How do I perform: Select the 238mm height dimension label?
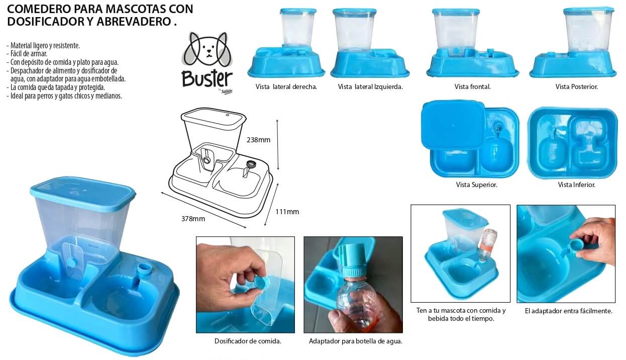(259, 140)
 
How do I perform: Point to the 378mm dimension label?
(193, 219)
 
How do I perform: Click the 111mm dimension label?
(287, 212)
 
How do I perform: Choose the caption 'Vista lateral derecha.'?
(286, 86)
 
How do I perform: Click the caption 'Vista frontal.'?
(473, 86)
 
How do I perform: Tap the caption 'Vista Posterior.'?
(577, 86)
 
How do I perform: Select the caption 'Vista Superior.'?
(477, 185)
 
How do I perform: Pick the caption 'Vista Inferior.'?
(577, 185)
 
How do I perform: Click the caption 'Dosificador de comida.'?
(248, 341)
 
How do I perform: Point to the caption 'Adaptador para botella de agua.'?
(356, 341)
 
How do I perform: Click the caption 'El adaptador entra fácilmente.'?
(568, 311)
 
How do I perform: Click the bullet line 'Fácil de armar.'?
(27, 54)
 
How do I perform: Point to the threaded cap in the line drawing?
(251, 164)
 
